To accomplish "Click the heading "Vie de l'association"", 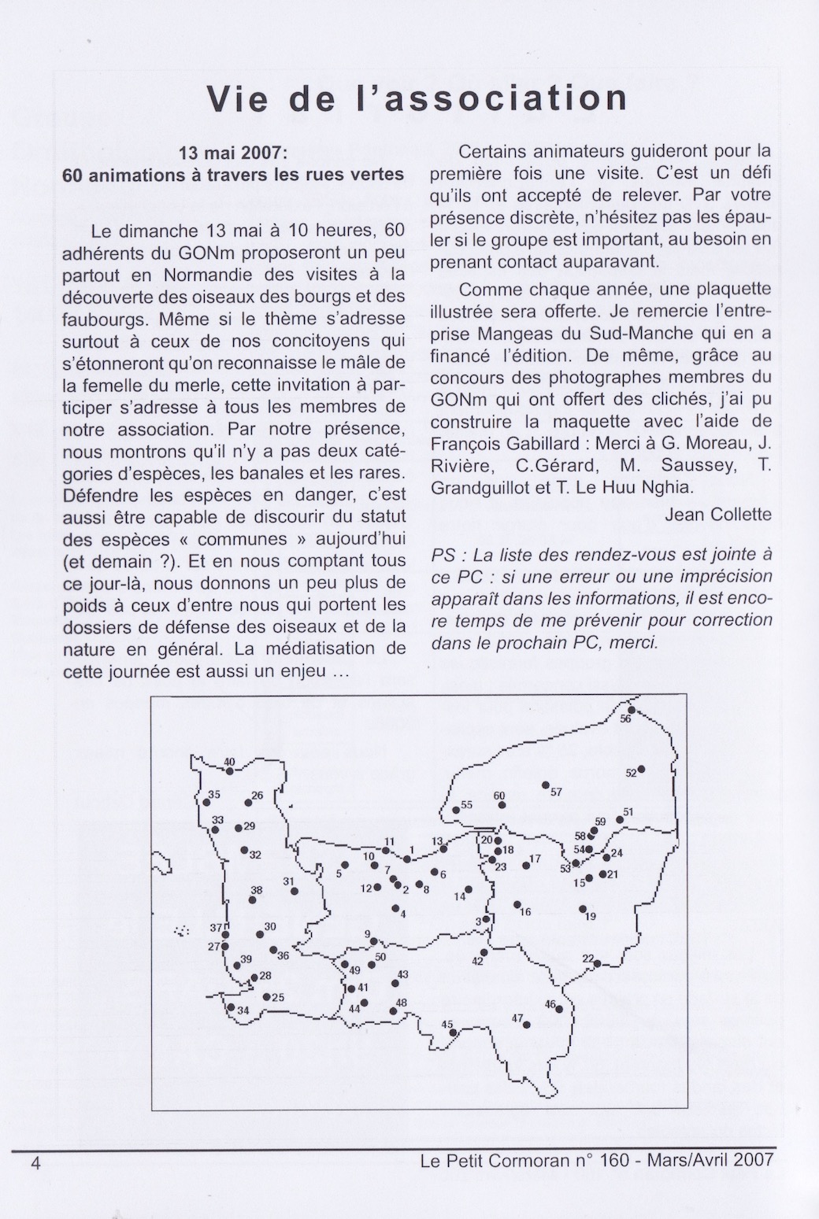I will point(417,99).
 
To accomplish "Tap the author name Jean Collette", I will point(718,515).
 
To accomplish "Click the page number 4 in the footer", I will point(35,1162).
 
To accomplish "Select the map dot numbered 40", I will point(230,770).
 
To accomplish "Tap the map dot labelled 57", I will point(545,785).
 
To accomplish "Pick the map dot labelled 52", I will point(642,769).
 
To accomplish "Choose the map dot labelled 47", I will point(527,1025).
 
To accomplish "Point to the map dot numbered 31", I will point(295,891).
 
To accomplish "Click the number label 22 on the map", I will point(587,958).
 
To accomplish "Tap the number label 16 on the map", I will point(526,912).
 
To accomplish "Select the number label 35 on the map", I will point(214,795).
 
